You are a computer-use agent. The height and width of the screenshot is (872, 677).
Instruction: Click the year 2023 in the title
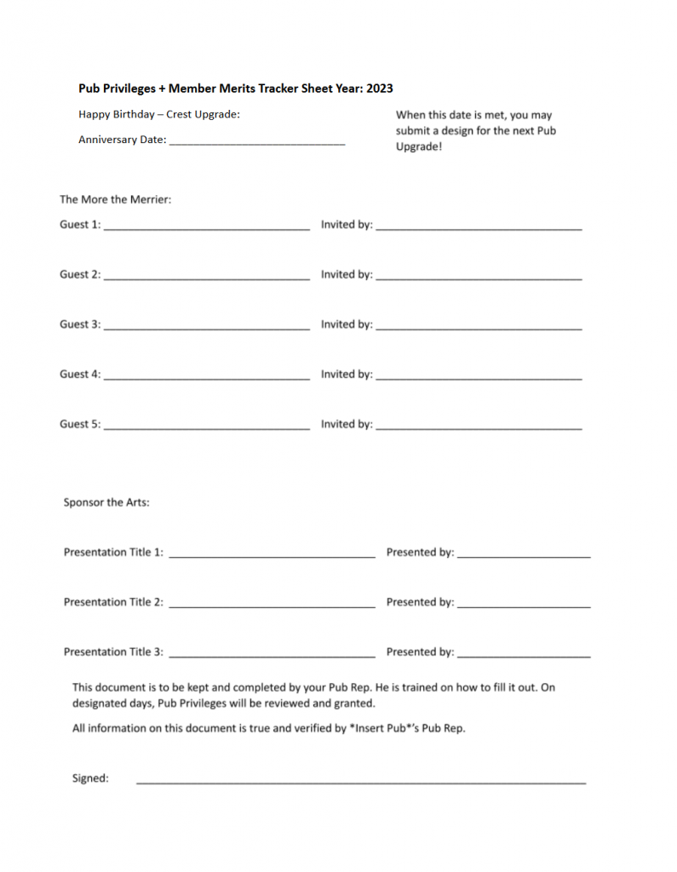379,89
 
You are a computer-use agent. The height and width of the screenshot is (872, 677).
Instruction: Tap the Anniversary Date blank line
257,145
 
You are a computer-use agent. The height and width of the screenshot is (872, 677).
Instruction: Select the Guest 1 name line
206,229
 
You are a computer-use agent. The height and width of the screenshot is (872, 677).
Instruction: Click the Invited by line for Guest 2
479,278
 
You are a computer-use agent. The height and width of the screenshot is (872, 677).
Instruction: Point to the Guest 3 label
79,324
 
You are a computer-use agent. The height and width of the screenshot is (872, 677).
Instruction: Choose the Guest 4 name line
206,378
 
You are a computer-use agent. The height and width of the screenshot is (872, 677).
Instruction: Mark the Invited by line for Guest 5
479,428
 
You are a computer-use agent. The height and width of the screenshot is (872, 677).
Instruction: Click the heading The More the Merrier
115,200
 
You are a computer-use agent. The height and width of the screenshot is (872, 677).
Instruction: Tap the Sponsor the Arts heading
106,502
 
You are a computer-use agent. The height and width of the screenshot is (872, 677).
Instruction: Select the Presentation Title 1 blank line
272,557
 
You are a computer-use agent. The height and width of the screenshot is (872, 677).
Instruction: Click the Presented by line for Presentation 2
523,606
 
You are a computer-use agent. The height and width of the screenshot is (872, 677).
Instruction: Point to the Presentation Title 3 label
113,652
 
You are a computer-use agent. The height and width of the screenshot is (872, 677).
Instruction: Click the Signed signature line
361,782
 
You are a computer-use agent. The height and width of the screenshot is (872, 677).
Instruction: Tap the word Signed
90,778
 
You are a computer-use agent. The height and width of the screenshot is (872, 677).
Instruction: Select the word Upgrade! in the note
419,146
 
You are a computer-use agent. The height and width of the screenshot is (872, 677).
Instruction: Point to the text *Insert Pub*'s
383,729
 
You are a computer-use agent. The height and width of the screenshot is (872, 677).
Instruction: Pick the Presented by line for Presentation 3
523,657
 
